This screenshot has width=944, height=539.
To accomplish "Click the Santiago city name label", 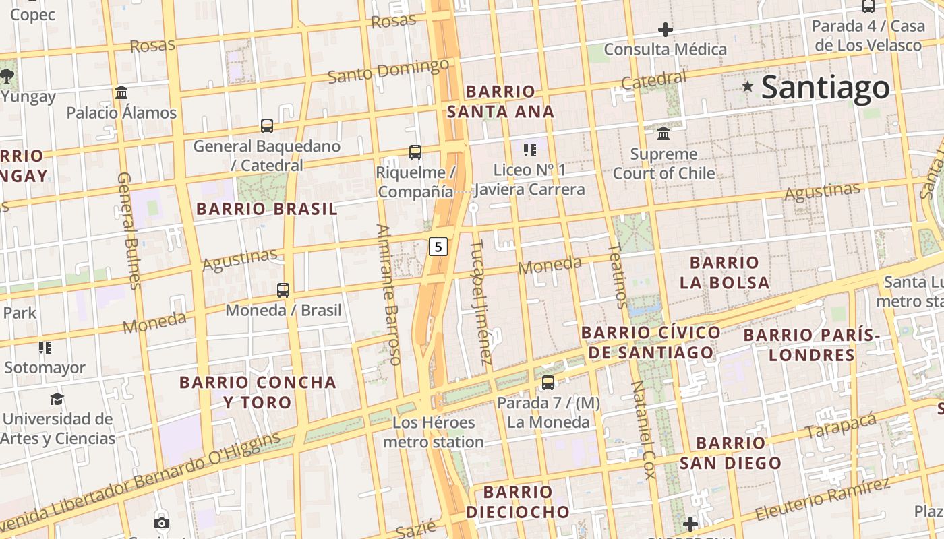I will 825,88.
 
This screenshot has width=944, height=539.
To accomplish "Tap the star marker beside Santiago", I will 747,86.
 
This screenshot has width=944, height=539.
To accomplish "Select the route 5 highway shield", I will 438,247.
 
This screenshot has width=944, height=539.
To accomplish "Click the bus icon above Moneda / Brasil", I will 283,290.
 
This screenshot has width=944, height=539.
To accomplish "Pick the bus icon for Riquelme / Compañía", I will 415,152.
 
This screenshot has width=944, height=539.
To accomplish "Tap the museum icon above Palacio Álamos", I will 121,92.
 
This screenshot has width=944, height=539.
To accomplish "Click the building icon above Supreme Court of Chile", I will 663,133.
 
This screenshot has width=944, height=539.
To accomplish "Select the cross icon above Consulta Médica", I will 666,30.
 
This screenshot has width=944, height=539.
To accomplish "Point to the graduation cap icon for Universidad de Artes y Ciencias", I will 57,399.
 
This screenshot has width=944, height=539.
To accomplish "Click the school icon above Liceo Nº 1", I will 530,150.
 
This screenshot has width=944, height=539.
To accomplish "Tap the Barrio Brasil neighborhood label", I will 267,209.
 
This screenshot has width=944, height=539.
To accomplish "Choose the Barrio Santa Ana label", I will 500,101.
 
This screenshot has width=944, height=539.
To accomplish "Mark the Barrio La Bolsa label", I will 725,272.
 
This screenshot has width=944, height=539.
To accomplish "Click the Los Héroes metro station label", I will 434,433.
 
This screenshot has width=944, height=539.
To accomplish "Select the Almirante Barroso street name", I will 390,294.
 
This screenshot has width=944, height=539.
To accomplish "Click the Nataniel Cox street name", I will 642,429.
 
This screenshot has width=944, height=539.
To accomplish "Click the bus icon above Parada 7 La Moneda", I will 548,383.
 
